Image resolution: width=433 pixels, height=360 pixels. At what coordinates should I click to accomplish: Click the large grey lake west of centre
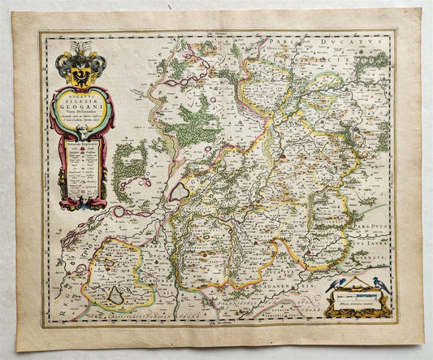(177, 191)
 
